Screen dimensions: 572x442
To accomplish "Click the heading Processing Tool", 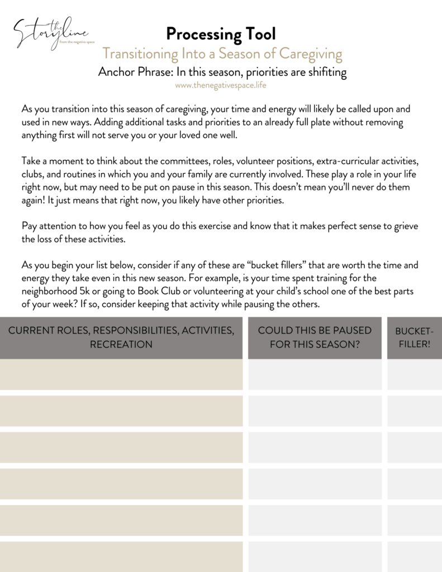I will point(221,34).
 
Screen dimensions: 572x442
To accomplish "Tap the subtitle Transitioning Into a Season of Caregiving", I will point(222,54).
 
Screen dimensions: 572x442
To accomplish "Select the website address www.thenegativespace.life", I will point(221,85).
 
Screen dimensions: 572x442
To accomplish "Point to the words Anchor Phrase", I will point(134,72).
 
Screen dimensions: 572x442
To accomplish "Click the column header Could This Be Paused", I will point(315,337).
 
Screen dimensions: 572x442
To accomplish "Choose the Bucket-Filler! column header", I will point(414,337).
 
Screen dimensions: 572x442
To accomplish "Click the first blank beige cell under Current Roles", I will point(121,374).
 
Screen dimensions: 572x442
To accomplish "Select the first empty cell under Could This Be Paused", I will point(315,374).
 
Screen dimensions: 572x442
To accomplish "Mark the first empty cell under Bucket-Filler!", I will point(414,374).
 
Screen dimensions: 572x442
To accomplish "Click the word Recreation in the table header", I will point(121,345).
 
